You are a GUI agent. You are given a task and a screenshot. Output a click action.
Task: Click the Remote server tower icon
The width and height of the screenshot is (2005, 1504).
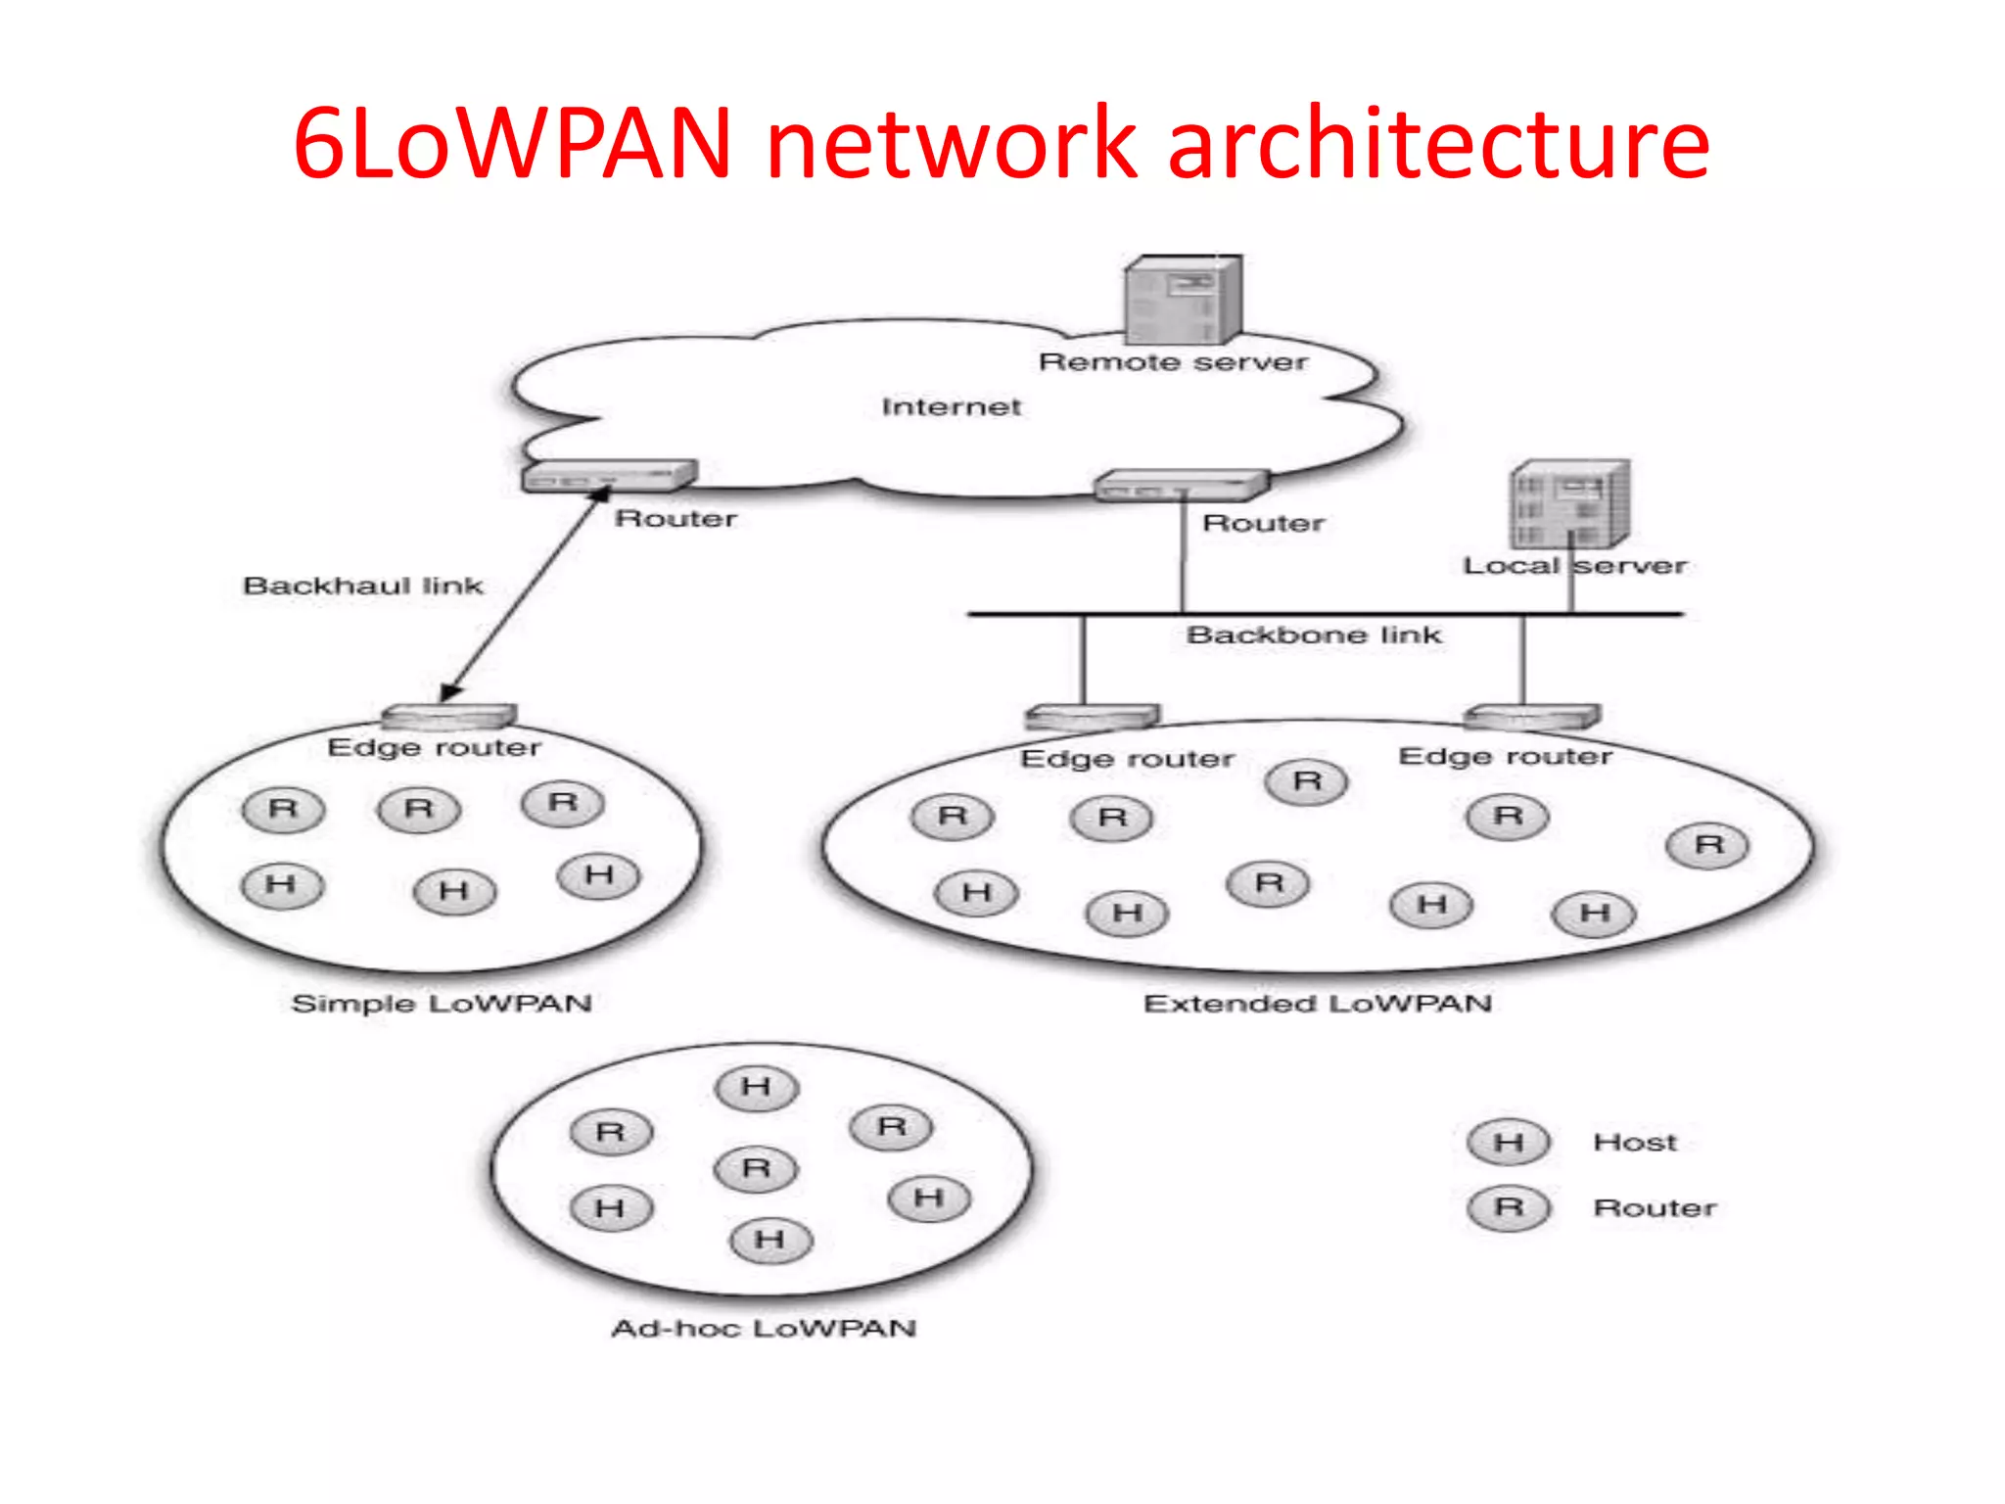click(x=1183, y=300)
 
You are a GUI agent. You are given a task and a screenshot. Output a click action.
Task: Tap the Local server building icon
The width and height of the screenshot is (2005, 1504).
click(x=1569, y=503)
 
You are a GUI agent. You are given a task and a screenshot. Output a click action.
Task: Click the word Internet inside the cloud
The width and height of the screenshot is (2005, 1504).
click(x=951, y=406)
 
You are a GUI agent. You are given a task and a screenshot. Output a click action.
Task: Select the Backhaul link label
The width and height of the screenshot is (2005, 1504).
click(x=363, y=586)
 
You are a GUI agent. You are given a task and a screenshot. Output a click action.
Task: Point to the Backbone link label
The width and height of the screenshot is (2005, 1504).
click(x=1314, y=635)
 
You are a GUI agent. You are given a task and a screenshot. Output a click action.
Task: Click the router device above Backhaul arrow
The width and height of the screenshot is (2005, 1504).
click(x=609, y=476)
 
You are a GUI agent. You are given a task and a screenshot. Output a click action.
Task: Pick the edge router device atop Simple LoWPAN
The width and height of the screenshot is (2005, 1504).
click(x=448, y=716)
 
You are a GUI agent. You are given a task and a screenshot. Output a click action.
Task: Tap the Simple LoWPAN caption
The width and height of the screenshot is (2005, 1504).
click(x=442, y=1004)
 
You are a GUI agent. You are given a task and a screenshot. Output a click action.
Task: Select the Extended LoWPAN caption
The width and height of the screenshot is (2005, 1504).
click(x=1318, y=1004)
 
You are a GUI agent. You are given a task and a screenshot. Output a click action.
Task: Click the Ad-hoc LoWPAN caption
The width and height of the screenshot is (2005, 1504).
click(x=764, y=1329)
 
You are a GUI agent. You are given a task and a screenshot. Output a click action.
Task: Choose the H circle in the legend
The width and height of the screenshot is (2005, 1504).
click(x=1509, y=1142)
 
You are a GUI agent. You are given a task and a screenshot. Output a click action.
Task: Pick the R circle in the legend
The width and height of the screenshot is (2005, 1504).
click(x=1509, y=1207)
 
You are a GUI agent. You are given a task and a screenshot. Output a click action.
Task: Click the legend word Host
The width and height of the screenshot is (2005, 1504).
click(x=1635, y=1142)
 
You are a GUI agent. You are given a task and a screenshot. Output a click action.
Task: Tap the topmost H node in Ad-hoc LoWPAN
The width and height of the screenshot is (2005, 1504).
click(x=757, y=1087)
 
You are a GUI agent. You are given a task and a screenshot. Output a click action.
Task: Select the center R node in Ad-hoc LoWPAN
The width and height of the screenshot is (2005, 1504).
click(x=757, y=1168)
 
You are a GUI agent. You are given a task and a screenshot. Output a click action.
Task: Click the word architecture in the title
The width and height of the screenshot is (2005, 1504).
click(x=1438, y=144)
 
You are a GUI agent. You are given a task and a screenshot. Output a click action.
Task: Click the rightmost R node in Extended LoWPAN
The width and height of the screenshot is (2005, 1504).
click(x=1708, y=845)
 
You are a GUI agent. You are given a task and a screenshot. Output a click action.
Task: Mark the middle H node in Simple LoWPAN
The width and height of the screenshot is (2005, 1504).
click(x=454, y=891)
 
